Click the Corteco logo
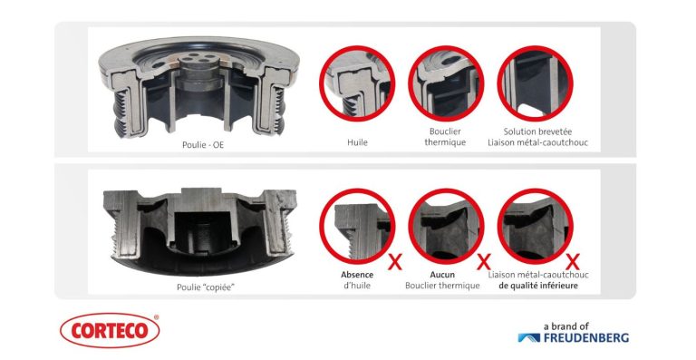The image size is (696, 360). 110,330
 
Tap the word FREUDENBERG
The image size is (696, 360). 586,337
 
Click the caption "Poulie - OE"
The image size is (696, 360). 203,145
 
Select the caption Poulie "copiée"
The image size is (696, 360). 206,287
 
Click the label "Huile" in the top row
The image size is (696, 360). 357,142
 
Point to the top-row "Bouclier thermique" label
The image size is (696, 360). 445,137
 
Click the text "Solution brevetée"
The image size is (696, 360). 537,131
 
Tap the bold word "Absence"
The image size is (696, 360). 357,275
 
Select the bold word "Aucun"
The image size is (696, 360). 442,275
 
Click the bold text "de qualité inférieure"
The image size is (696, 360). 538,286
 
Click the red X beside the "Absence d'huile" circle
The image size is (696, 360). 394,262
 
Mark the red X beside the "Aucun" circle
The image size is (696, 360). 483,262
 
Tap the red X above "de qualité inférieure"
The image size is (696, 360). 573,262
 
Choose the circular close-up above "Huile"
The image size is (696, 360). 357,83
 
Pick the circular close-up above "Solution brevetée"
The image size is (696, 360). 536,83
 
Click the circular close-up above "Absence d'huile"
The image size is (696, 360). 357,226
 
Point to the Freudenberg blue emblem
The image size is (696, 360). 529,338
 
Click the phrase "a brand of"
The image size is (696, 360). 565,326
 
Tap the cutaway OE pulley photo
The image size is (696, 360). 199,87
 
